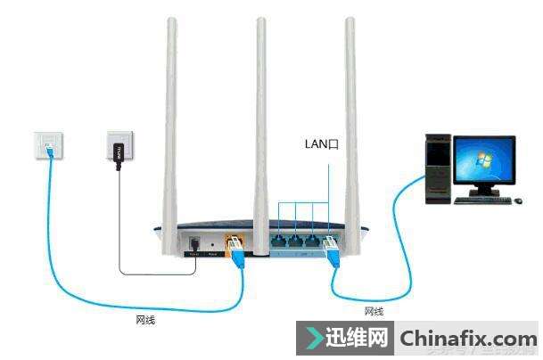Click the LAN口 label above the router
pos(319,143)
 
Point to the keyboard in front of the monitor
pos(482,200)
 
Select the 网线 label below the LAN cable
pos(374,311)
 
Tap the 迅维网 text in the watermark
pos(359,339)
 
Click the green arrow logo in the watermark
pos(314,339)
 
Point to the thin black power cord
pos(119,232)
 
